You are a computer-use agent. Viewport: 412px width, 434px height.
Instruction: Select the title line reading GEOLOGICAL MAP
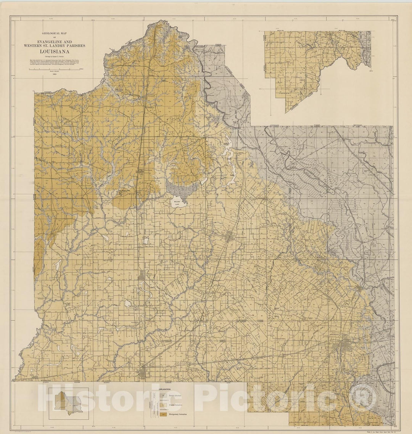58,34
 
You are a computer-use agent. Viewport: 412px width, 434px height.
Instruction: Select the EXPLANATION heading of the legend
164,389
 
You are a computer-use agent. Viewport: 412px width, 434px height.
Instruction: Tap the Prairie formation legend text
176,405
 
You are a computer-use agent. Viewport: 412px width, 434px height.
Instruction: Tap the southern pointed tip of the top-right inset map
286,112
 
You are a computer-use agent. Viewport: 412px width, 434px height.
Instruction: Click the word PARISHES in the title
75,45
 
